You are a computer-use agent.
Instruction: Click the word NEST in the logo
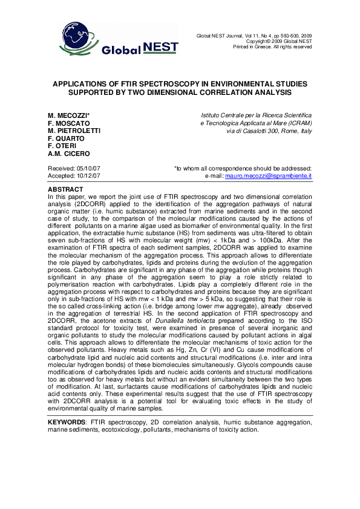(157, 47)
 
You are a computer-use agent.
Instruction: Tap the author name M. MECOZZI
(69, 115)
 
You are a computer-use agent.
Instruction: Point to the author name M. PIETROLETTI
(74, 131)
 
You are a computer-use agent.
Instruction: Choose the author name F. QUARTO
(66, 138)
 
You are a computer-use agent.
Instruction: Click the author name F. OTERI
(62, 146)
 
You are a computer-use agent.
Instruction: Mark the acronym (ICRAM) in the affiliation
(297, 123)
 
